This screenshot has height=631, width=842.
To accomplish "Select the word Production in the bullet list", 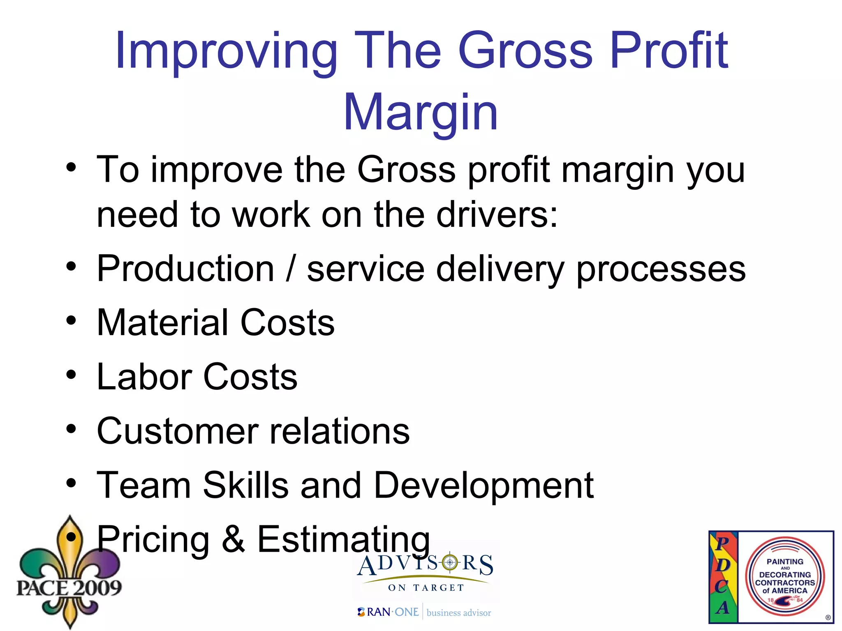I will (185, 269).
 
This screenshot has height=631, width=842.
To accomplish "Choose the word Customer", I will (177, 431).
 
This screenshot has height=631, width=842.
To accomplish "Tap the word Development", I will (483, 486).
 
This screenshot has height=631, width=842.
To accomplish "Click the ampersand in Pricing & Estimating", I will (233, 539).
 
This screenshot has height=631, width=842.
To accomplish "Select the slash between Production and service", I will (291, 269).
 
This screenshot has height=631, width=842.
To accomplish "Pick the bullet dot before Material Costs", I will (71, 320).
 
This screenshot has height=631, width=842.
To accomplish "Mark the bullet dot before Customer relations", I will (71, 429).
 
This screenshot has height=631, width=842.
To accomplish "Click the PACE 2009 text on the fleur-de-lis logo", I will (69, 587).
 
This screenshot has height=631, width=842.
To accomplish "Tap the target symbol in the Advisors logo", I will (450, 562).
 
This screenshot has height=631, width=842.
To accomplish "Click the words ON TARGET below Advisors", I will (426, 588).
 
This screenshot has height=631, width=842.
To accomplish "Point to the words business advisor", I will (459, 613).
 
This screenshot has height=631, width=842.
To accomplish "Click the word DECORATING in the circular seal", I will (785, 575).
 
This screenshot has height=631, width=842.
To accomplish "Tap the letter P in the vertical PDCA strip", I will (722, 543).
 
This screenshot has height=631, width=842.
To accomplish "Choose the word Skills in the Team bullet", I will (245, 485).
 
